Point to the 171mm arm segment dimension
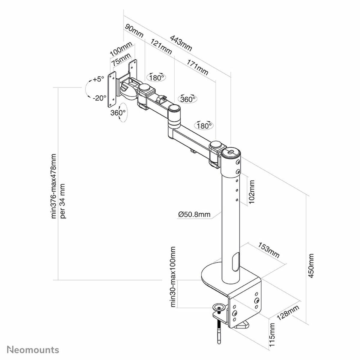point(197,67)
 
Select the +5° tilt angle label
point(98,79)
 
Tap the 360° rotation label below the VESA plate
point(118,113)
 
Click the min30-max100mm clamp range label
point(173,277)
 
